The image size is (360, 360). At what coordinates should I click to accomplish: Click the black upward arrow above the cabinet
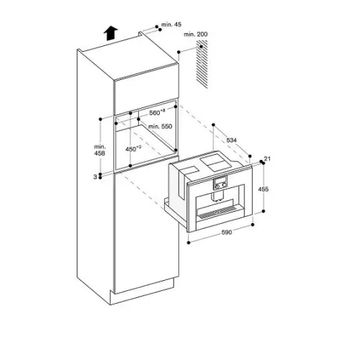click(111, 33)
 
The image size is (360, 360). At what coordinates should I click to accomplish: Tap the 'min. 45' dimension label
click(171, 24)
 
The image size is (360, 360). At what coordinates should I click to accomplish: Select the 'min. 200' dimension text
click(196, 34)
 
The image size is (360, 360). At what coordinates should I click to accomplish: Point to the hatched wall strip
click(202, 64)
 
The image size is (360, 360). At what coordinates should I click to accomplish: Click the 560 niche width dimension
click(157, 112)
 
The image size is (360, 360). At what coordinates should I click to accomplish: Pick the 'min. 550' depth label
click(160, 126)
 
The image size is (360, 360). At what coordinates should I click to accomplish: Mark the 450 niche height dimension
click(133, 149)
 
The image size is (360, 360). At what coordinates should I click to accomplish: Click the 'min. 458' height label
click(99, 150)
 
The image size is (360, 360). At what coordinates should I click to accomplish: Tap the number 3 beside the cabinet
click(95, 177)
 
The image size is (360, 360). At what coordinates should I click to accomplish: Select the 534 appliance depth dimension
click(232, 140)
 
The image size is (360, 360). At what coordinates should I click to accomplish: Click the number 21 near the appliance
click(267, 158)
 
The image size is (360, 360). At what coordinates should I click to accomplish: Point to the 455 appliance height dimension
click(263, 189)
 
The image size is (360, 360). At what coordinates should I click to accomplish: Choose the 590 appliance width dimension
click(227, 232)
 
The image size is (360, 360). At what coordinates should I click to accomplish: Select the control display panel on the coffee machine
click(220, 183)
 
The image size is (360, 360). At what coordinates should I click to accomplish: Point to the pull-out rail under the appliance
click(175, 212)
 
